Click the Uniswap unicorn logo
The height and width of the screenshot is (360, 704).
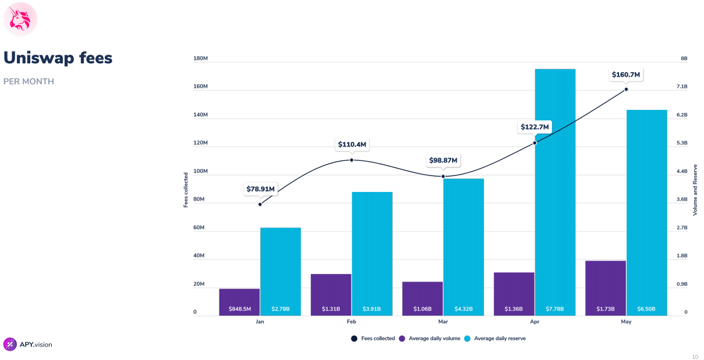pos(20,19)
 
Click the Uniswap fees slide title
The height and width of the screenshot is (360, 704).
pos(58,58)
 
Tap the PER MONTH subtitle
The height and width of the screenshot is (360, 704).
pos(29,81)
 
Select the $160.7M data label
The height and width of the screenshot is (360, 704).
pos(625,74)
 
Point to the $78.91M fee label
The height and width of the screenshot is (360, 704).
pos(260,189)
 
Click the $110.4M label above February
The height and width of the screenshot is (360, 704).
pos(352,144)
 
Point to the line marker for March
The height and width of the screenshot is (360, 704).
pos(443,176)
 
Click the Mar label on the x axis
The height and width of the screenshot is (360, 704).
pos(443,322)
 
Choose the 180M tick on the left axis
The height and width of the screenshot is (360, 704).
pos(200,59)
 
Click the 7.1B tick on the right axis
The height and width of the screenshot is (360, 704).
pos(682,87)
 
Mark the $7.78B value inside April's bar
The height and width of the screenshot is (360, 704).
pos(555,309)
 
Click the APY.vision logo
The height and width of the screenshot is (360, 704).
pos(28,344)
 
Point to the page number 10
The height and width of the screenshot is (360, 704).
pos(695,357)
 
